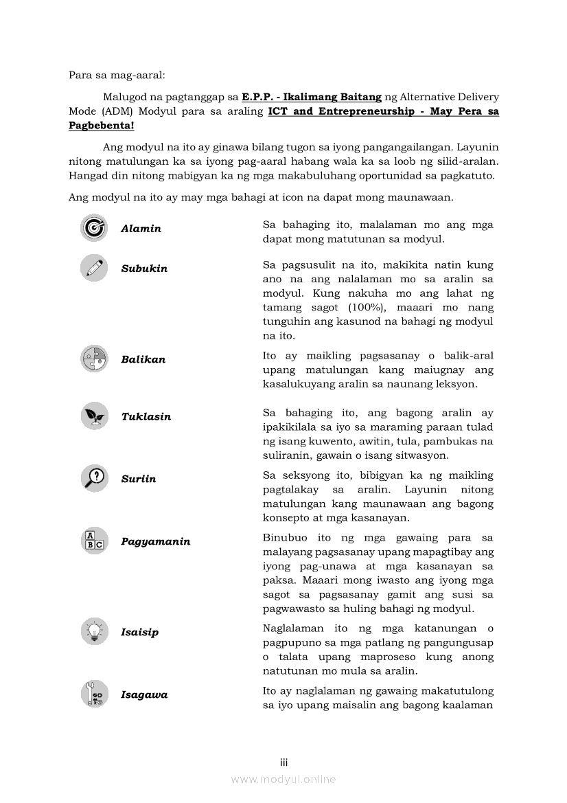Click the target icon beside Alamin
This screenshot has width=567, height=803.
click(94, 228)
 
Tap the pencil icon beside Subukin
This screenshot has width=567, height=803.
click(94, 268)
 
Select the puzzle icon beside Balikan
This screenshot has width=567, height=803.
click(94, 359)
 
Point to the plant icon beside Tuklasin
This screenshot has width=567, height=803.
click(94, 416)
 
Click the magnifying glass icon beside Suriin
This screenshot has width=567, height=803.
click(94, 478)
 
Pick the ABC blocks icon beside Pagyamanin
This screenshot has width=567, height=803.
click(94, 541)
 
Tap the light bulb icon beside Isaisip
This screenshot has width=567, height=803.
click(94, 631)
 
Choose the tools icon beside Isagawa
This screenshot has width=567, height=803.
click(94, 694)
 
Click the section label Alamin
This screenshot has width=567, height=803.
click(141, 229)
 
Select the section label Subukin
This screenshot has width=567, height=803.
click(144, 269)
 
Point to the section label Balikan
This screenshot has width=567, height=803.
click(143, 359)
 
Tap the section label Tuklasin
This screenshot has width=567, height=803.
click(146, 417)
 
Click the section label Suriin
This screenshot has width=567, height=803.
click(139, 479)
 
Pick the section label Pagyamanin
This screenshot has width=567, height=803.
click(156, 541)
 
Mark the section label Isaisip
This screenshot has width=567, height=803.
click(139, 632)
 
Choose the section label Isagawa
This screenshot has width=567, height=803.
click(144, 694)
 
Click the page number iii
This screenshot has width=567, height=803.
click(283, 762)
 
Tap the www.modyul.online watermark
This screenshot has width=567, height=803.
click(283, 779)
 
